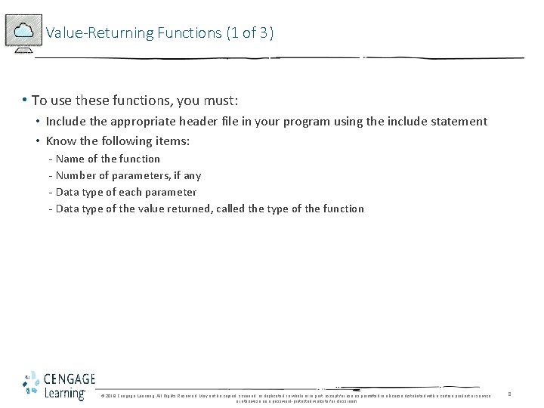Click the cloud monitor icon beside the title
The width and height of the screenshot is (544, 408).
click(x=23, y=33)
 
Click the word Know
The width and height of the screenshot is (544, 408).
click(x=60, y=141)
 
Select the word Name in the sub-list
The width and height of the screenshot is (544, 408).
click(x=71, y=159)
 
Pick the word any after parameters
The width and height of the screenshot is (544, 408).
click(x=192, y=175)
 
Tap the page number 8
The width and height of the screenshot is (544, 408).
click(x=509, y=394)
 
